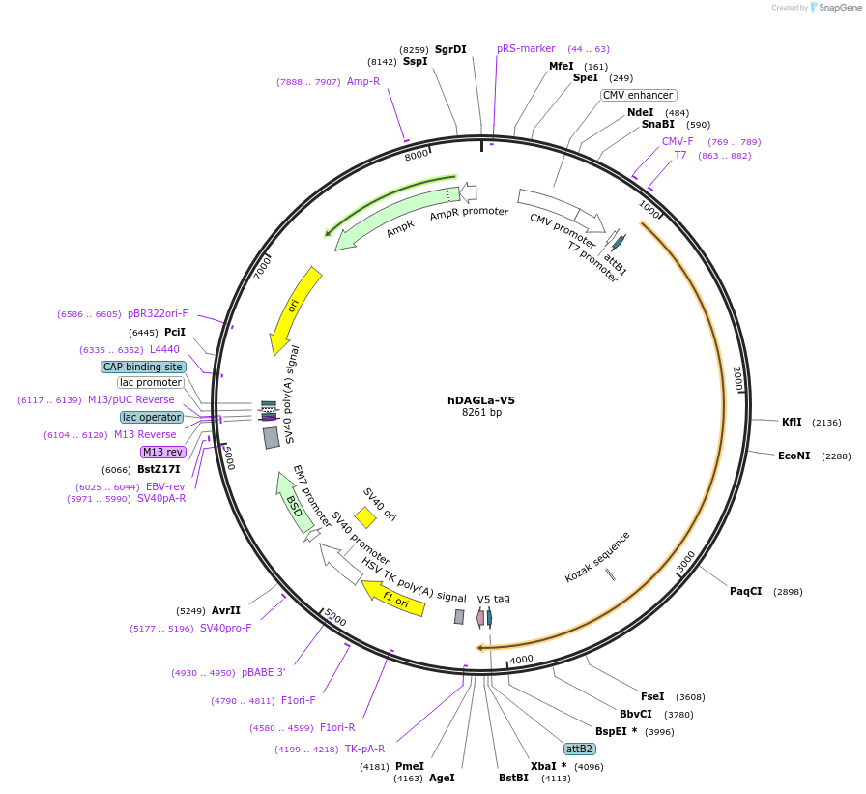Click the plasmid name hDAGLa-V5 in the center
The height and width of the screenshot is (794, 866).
pyautogui.click(x=480, y=399)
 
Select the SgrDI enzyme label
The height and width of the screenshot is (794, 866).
pyautogui.click(x=450, y=49)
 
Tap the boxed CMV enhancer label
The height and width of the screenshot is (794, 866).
pyautogui.click(x=638, y=95)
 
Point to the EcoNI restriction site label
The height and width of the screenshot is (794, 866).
pyautogui.click(x=794, y=456)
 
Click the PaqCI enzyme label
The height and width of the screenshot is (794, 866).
pyautogui.click(x=746, y=591)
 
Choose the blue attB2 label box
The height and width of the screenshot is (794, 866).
pyautogui.click(x=580, y=749)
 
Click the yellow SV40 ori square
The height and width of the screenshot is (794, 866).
pyautogui.click(x=365, y=517)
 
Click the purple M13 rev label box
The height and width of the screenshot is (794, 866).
pyautogui.click(x=162, y=452)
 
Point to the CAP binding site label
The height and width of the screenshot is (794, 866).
pyautogui.click(x=143, y=367)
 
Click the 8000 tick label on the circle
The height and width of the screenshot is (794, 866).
pyautogui.click(x=417, y=156)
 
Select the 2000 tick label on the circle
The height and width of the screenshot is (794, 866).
pyautogui.click(x=737, y=377)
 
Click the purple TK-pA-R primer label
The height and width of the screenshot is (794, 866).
pyautogui.click(x=364, y=749)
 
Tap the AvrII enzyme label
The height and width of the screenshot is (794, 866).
pyautogui.click(x=226, y=610)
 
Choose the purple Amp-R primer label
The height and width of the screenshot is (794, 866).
pyautogui.click(x=363, y=81)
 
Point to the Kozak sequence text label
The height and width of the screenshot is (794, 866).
pyautogui.click(x=597, y=556)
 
